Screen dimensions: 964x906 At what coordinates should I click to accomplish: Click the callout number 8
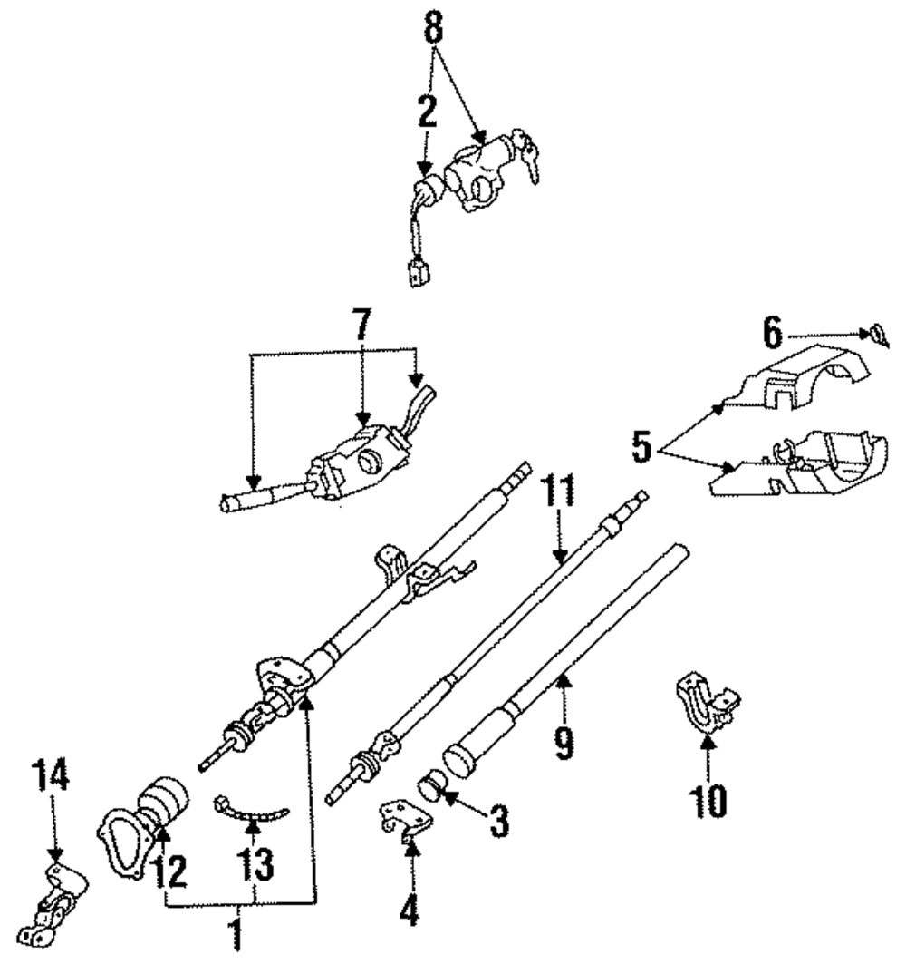coord(434,29)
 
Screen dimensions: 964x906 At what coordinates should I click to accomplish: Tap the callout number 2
coord(427,111)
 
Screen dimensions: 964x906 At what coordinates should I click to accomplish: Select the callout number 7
coord(361,324)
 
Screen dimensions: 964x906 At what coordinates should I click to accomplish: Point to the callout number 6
coord(771,334)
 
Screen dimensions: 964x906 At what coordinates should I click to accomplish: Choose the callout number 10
coord(708,799)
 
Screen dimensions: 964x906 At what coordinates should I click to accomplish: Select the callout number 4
coord(410,909)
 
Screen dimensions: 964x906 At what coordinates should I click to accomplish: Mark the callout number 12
coord(169,871)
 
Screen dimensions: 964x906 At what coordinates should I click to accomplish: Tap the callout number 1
coord(236,933)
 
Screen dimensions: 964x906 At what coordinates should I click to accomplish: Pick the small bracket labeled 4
coord(403,819)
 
